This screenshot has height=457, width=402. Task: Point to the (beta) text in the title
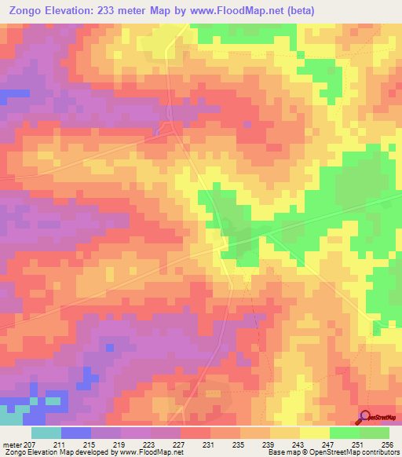coord(324,10)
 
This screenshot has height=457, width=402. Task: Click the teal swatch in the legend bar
coord(46,433)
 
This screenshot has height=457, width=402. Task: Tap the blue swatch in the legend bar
coord(75,433)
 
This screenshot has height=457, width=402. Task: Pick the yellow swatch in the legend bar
coord(314,433)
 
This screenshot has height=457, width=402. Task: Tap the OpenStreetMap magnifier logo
coord(365,418)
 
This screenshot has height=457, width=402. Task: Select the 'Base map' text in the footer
coord(283,452)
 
